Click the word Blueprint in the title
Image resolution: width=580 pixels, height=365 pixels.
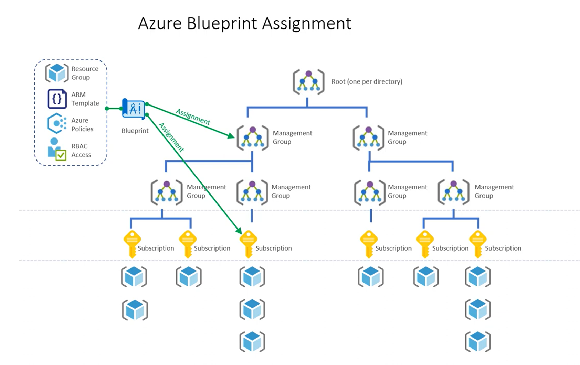point(222,24)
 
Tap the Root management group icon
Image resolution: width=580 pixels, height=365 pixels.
point(308,82)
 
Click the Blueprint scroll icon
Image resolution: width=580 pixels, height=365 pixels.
point(134,109)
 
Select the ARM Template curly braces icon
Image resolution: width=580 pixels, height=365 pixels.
point(57,99)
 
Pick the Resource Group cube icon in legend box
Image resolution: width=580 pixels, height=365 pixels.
point(57,73)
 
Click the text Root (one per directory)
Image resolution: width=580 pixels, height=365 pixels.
point(367,82)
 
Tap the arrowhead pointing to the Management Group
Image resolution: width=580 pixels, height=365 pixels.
point(231,136)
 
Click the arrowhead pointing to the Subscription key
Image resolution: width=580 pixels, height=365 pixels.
point(238,231)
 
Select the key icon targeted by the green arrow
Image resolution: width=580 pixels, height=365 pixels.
point(248,243)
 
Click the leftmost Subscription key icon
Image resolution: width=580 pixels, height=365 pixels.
point(132,243)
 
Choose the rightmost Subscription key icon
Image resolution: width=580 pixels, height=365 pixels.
point(478,243)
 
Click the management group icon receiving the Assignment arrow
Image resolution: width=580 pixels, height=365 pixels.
point(253,137)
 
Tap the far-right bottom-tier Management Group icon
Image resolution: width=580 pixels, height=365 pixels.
point(453,192)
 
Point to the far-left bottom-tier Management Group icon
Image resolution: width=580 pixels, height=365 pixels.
point(167,192)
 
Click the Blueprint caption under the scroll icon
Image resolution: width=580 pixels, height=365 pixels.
point(135,131)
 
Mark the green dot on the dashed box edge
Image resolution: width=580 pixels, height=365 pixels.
point(107,109)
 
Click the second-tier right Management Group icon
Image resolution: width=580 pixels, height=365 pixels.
point(368,137)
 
